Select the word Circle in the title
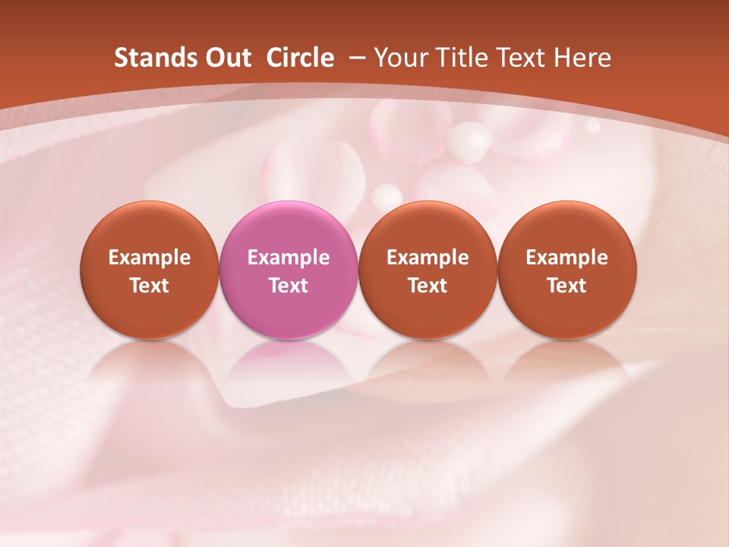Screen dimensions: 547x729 (x=300, y=58)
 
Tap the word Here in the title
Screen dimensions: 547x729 (x=581, y=58)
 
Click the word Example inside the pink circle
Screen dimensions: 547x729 (x=289, y=258)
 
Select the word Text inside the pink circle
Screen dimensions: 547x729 (x=289, y=286)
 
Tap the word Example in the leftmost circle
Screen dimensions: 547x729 (x=150, y=258)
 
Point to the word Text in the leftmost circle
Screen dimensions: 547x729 (x=150, y=286)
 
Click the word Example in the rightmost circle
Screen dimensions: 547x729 (x=567, y=258)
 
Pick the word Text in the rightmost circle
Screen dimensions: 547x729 (x=567, y=286)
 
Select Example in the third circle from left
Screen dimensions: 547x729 (x=428, y=258)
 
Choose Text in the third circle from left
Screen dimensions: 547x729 (x=428, y=286)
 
